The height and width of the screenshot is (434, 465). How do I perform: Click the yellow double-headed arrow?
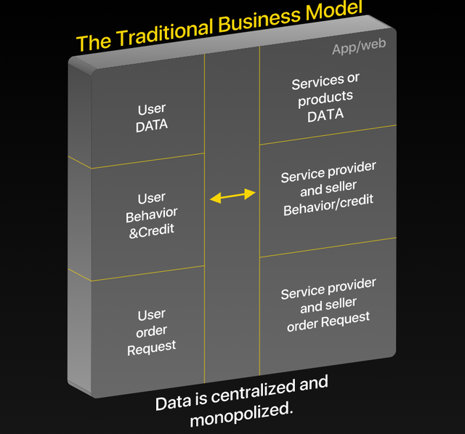[232, 195]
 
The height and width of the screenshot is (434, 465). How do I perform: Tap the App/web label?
[358, 47]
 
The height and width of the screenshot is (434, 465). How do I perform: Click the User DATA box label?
[152, 117]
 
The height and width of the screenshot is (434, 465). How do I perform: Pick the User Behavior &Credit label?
[152, 214]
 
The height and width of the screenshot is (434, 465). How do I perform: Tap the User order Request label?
[152, 331]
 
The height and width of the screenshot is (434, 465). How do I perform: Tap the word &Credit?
[152, 231]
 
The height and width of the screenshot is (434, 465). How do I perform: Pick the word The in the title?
[92, 41]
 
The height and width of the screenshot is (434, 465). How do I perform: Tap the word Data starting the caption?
[171, 402]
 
